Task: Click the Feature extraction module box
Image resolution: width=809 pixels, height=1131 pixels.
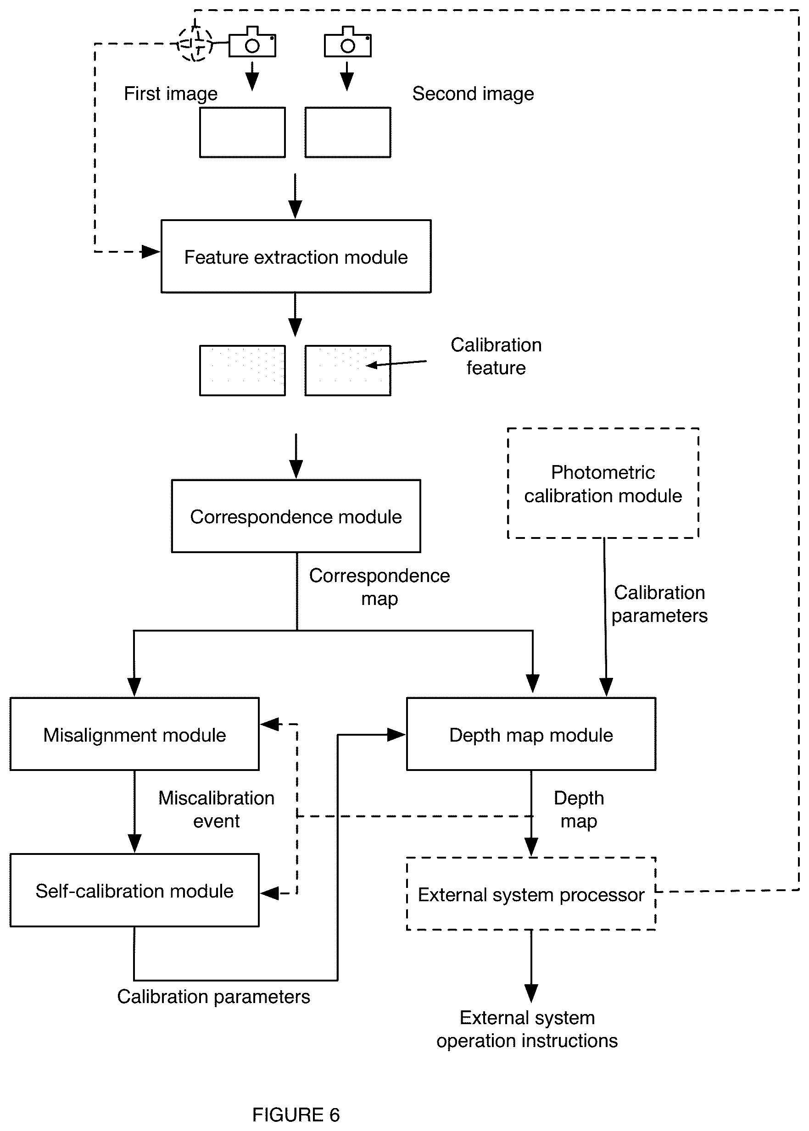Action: (x=296, y=256)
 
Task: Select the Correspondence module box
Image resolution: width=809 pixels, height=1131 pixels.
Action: (x=296, y=516)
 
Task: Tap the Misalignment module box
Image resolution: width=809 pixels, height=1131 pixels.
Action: (x=134, y=734)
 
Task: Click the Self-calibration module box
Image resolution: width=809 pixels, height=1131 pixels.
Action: (x=134, y=891)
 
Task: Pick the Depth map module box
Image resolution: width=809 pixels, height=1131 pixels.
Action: (x=531, y=734)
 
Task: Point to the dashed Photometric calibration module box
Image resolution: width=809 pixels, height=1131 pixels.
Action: (x=603, y=483)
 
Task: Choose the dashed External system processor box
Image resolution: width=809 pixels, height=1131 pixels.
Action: (x=531, y=893)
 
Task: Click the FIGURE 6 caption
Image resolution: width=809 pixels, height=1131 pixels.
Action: (x=296, y=1115)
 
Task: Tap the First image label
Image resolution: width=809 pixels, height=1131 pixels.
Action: (x=170, y=94)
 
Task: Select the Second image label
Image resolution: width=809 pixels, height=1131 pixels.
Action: (x=473, y=94)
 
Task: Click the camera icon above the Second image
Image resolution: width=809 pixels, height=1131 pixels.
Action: (x=348, y=42)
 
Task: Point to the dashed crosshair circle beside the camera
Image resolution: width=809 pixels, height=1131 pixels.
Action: (x=195, y=44)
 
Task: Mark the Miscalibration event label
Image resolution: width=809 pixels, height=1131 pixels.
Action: (x=216, y=809)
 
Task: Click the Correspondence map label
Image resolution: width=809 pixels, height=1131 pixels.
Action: (x=379, y=588)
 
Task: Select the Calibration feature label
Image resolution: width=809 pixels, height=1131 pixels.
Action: (x=496, y=356)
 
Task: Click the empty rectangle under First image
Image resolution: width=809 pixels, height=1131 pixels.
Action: (x=243, y=133)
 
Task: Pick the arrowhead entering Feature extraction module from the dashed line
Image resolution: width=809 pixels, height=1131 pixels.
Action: (x=151, y=252)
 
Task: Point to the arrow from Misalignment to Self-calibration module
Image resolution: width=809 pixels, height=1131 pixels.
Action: (x=134, y=812)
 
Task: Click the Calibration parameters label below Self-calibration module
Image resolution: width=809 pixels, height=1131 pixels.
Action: (x=214, y=997)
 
